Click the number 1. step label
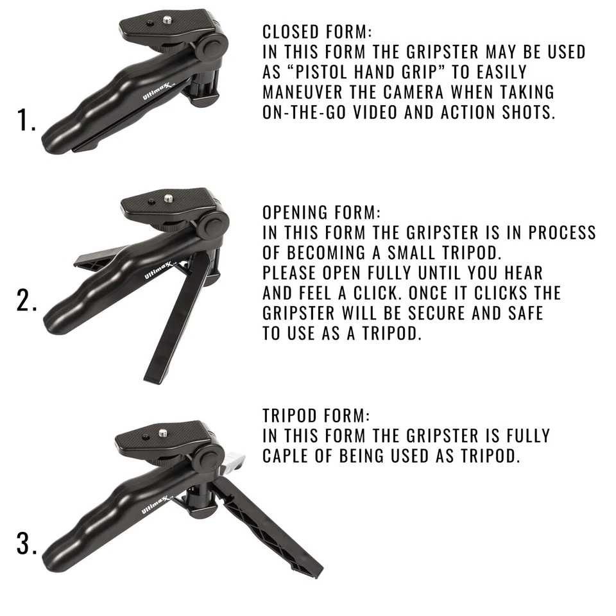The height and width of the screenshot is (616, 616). tap(26, 121)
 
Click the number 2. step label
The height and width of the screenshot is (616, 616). tap(27, 302)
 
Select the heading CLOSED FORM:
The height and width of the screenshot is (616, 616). tap(317, 32)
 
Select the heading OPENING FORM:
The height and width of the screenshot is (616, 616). tap(321, 212)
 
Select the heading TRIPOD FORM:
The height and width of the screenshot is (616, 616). tap(316, 415)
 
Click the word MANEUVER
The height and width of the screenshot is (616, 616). tap(307, 92)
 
